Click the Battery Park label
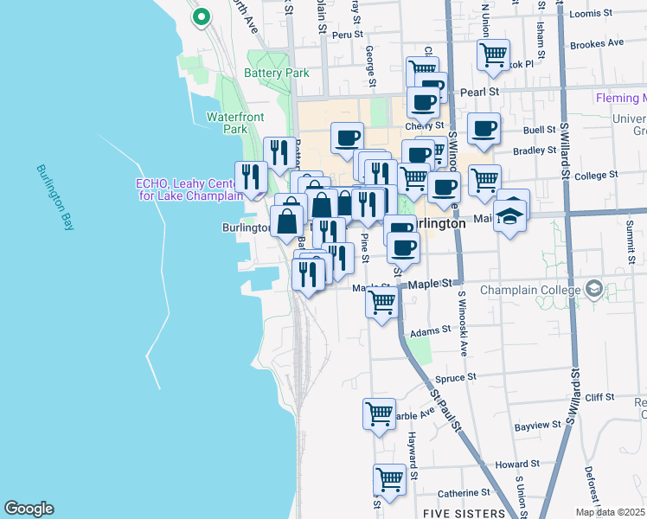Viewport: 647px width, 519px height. coord(277,74)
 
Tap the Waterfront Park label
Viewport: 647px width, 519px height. coord(228,123)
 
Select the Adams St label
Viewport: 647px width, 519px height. coord(431,330)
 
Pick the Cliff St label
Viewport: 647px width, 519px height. coord(599,398)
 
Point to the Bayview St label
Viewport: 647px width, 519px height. coord(537,426)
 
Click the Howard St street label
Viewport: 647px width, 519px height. coord(518,464)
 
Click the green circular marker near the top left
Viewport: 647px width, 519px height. coord(202,16)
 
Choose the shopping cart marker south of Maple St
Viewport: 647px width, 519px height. coord(381,304)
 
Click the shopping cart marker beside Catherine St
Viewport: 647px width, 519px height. coord(389,478)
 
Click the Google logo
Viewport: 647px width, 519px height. coord(29,509)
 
